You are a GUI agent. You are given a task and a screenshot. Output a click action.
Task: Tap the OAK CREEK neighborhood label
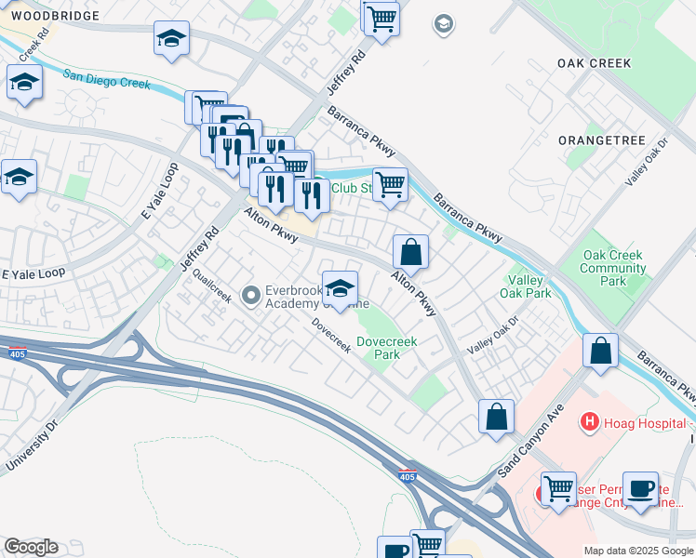tap(594, 63)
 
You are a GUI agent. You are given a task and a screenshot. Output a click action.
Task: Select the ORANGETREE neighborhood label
tap(601, 139)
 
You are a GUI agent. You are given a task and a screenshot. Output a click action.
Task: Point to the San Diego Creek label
tap(106, 81)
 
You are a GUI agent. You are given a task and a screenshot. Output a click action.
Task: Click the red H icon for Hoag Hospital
tap(588, 422)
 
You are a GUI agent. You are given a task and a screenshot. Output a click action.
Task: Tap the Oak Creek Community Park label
tap(613, 269)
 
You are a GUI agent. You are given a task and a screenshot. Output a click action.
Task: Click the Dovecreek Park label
tap(387, 348)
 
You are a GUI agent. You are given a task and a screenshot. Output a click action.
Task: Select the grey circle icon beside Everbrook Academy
tap(250, 296)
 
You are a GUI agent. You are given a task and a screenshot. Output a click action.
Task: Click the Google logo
tap(31, 547)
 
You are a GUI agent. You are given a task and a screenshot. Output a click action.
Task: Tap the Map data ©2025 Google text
tap(637, 551)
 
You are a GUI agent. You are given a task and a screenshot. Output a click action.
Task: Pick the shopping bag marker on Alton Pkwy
tap(410, 251)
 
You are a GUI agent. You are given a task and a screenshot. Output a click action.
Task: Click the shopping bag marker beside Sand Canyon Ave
tap(497, 416)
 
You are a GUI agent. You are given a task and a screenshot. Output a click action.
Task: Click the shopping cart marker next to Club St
tap(390, 183)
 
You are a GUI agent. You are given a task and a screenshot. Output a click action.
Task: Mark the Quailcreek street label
tap(212, 287)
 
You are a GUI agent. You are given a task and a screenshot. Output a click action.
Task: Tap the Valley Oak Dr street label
tap(492, 334)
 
